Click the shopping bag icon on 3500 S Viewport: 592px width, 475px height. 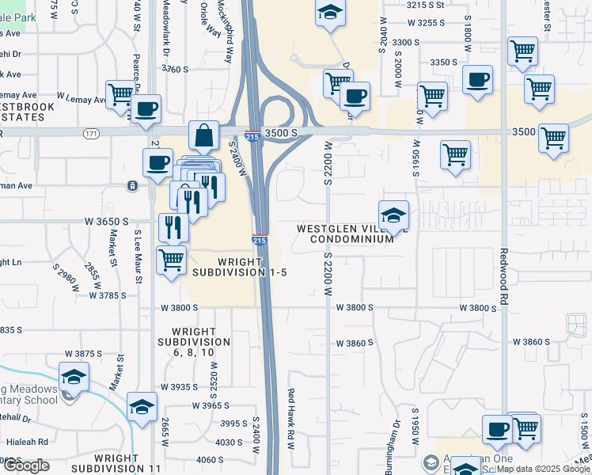tap(204, 135)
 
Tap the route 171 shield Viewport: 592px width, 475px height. tap(93, 134)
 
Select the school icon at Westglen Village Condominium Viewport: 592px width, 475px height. tap(393, 215)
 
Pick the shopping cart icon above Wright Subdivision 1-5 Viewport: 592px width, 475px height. tap(171, 259)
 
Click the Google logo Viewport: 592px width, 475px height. tap(27, 465)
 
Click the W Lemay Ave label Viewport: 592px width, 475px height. tap(79, 100)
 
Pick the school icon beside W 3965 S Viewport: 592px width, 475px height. tap(142, 408)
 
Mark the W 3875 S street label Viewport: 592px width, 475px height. tap(85, 353)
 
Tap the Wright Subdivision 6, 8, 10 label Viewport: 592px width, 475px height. tap(193, 342)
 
